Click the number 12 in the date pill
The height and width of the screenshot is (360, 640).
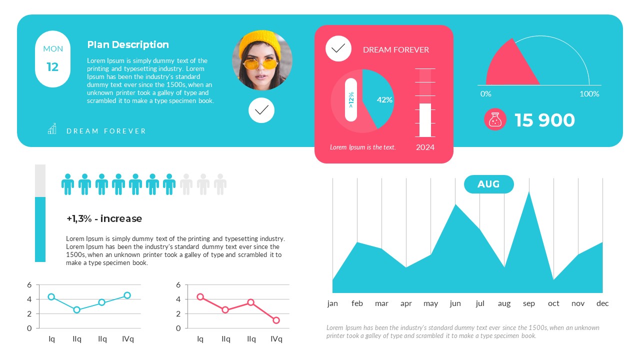click(52, 67)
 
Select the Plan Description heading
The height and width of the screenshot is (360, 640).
click(128, 44)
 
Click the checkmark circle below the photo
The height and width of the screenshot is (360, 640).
click(261, 110)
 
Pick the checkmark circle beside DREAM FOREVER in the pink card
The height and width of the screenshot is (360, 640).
click(338, 48)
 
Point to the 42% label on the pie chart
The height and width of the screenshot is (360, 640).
click(384, 100)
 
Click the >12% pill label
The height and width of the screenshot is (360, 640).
click(351, 99)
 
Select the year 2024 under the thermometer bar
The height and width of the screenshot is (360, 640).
click(425, 147)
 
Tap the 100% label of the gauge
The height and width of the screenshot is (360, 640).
click(589, 94)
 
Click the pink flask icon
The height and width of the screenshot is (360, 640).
click(495, 120)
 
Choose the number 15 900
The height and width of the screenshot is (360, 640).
click(544, 120)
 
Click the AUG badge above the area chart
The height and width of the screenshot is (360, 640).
click(488, 184)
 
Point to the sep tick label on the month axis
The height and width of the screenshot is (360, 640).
click(529, 303)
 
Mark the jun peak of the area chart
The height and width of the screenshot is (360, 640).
click(455, 205)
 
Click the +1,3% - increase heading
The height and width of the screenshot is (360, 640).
click(104, 218)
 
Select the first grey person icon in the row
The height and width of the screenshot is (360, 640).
click(186, 184)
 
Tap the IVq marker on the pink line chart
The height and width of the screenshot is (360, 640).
click(276, 320)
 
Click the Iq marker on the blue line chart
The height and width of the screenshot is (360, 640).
click(51, 297)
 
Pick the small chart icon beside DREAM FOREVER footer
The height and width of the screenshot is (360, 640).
click(52, 129)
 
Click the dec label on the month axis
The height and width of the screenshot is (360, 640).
click(602, 303)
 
